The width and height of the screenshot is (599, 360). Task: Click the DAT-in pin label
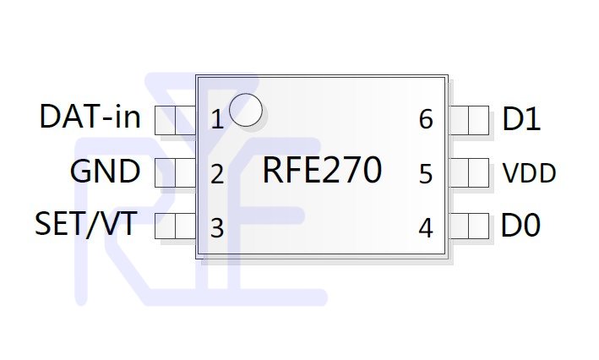(x=90, y=116)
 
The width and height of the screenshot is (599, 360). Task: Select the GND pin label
(x=105, y=172)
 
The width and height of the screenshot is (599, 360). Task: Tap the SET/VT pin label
(x=86, y=224)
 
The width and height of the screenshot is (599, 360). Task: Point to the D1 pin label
(x=521, y=119)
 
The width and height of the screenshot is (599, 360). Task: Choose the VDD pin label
(x=529, y=173)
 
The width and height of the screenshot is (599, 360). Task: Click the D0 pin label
(x=520, y=225)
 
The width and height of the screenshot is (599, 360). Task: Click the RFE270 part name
(x=322, y=170)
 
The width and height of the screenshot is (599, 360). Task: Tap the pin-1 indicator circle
(x=246, y=110)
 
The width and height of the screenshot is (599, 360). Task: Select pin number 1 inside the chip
(x=217, y=120)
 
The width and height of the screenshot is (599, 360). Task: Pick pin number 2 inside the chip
(x=217, y=175)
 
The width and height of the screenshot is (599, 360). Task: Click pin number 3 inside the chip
(x=217, y=228)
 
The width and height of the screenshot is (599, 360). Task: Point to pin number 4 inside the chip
(x=426, y=228)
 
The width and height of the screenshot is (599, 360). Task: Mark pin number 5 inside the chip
(x=426, y=174)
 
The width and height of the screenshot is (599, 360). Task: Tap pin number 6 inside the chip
(x=426, y=119)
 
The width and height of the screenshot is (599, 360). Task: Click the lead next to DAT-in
(x=176, y=120)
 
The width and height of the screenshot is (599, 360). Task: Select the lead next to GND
(x=176, y=172)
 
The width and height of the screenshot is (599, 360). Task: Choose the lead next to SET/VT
(x=176, y=226)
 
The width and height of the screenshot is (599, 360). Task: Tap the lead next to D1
(x=468, y=120)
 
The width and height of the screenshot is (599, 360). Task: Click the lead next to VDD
(x=468, y=172)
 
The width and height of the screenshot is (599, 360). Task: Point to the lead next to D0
(x=468, y=226)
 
